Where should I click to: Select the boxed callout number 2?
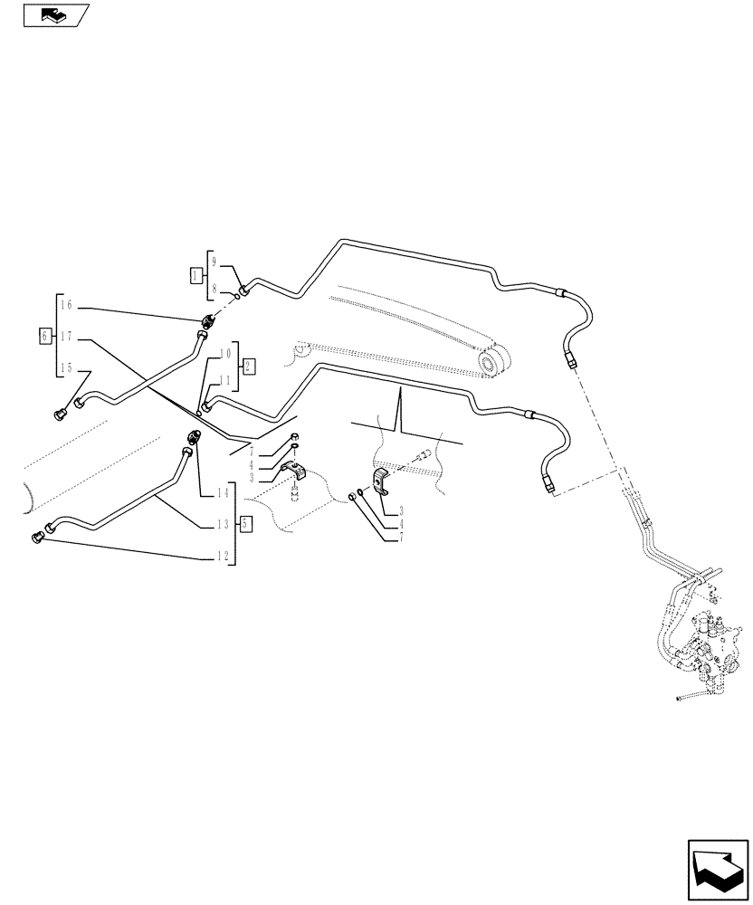(x=249, y=367)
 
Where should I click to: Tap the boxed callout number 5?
(x=245, y=523)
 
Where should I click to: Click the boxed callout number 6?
(x=46, y=336)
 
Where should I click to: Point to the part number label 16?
(x=64, y=307)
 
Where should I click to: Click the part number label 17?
(x=64, y=336)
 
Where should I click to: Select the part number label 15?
(x=64, y=367)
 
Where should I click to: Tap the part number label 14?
(x=223, y=493)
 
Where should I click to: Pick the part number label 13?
(x=223, y=524)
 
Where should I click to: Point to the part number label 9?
(x=214, y=261)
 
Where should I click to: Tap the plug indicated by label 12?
(x=39, y=537)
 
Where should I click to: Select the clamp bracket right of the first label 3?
(x=296, y=471)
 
